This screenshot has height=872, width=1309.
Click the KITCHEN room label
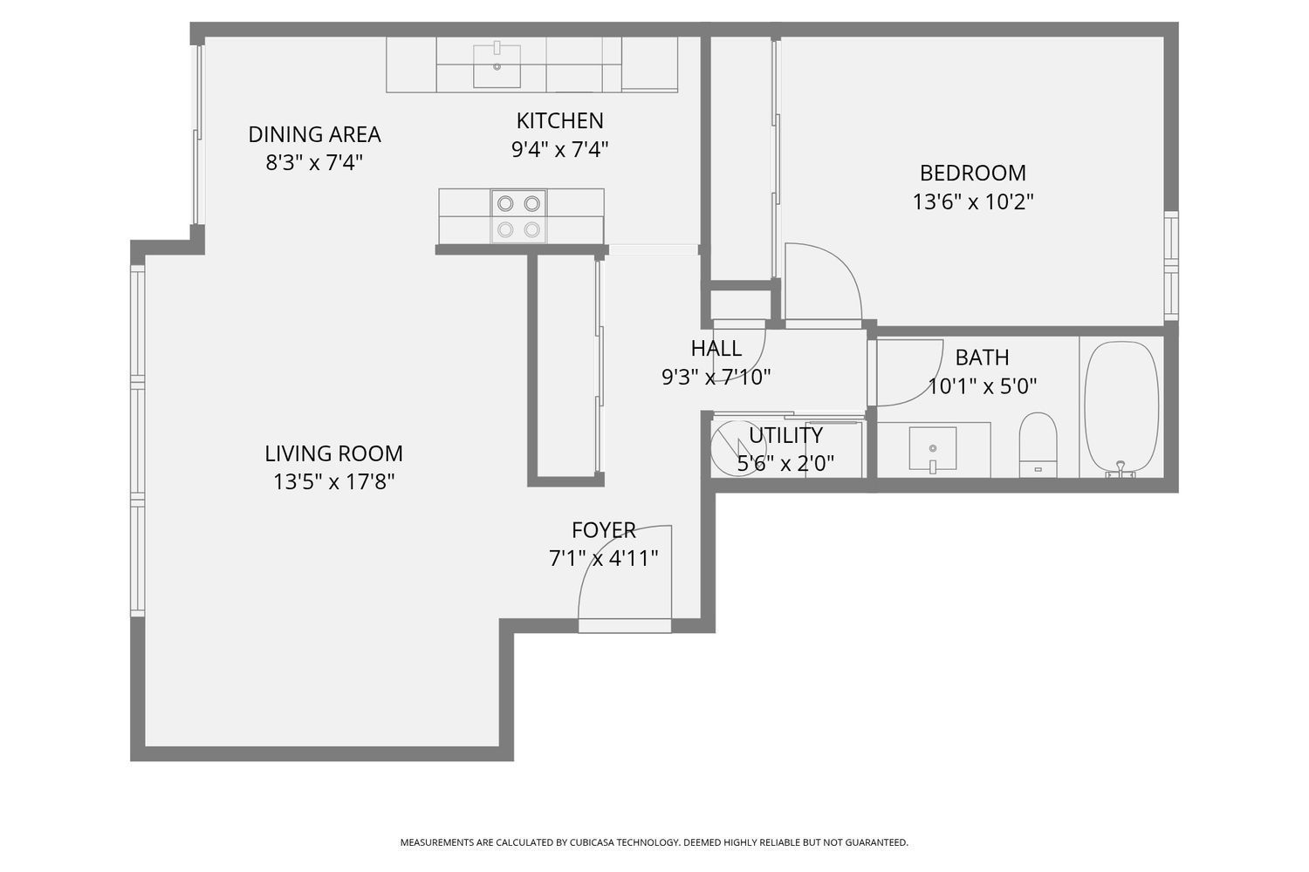559,120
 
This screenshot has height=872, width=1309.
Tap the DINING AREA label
314,134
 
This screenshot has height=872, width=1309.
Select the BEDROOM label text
972,173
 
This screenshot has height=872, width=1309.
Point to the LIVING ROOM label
333,453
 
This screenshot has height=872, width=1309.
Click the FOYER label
603,530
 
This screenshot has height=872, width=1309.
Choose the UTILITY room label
785,435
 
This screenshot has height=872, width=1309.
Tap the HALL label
716,349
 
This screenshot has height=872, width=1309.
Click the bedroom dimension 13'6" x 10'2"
972,202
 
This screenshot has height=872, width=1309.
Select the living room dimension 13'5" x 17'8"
333,482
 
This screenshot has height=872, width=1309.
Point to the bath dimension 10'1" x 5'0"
982,386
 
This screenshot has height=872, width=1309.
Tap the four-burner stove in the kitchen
518,216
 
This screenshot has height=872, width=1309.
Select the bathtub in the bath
1121,408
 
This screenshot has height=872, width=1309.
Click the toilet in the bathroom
1038,443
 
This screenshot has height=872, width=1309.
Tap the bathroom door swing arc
908,373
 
